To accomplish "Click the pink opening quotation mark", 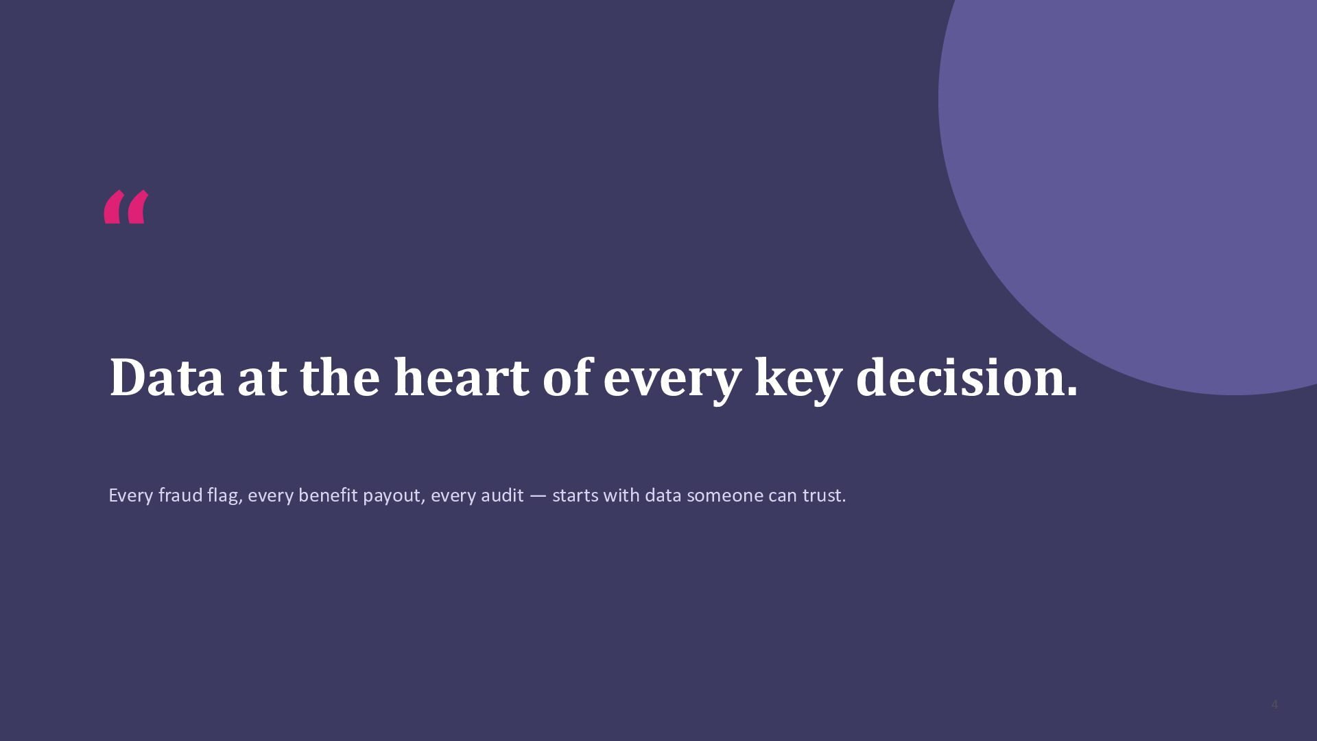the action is [126, 207].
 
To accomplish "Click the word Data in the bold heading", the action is [167, 377].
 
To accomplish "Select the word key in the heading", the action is [798, 379].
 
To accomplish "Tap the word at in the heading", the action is [262, 379].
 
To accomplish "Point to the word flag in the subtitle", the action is [223, 496].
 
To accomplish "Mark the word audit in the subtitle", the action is [502, 495].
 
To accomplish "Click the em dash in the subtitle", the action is [538, 496].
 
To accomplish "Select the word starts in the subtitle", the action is [575, 496].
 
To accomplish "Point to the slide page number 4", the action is [1274, 705].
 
